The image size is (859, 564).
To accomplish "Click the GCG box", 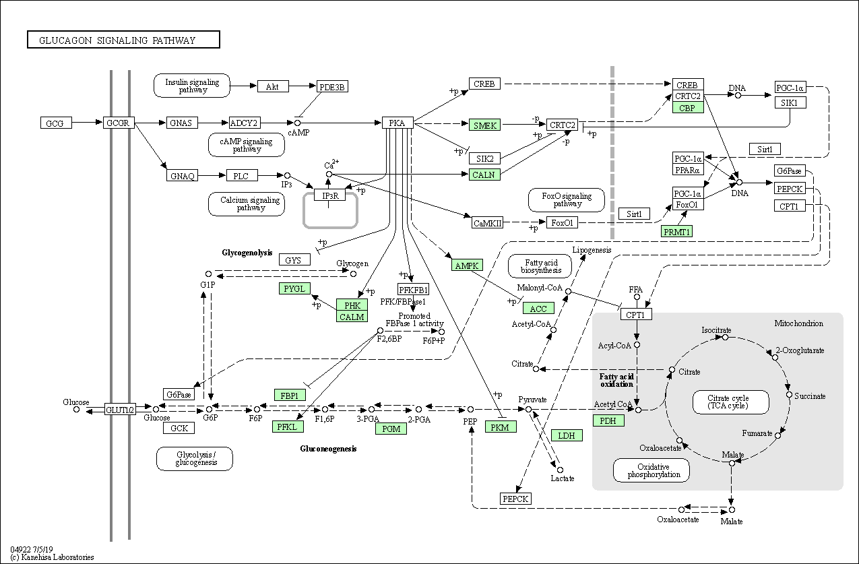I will (55, 123).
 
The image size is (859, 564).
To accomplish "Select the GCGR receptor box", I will (119, 123).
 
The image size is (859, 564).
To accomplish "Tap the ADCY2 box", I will (244, 123).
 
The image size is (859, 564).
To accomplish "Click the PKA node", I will (397, 123).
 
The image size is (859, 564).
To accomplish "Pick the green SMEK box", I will (484, 125).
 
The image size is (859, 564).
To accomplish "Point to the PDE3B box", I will (332, 87).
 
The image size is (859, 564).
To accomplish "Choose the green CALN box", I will (484, 175).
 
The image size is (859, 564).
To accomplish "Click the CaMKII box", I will (487, 223).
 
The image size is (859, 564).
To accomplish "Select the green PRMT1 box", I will (676, 231).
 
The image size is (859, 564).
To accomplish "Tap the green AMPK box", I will (467, 265).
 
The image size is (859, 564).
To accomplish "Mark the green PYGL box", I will (294, 288).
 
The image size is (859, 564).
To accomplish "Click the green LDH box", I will (567, 435).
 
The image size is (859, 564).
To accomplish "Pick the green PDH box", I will (608, 420).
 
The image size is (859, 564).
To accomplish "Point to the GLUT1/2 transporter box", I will (120, 409).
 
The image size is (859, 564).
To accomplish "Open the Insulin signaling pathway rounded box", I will (192, 86).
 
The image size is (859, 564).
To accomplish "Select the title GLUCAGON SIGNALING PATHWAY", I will (123, 40).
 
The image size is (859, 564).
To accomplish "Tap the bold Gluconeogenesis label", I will (328, 449).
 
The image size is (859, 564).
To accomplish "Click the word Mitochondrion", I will (798, 323).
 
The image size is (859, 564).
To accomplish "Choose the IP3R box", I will (329, 195).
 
